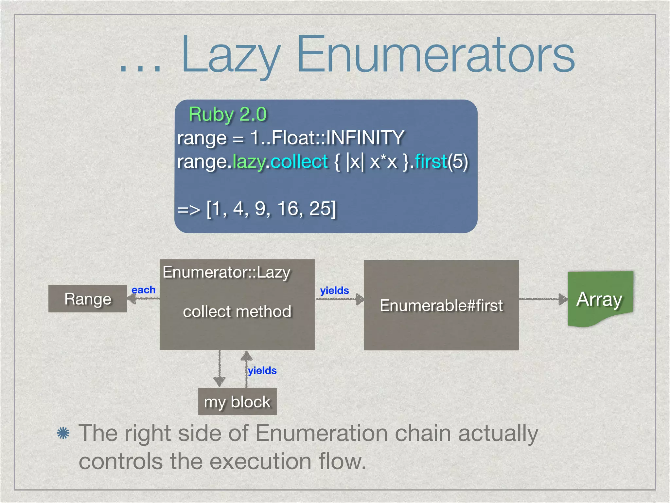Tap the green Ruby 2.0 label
[x=228, y=115]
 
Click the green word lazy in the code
[x=249, y=161]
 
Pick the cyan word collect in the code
[x=299, y=161]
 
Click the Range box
[x=88, y=299]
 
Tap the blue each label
[x=143, y=290]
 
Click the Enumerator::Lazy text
[x=226, y=272]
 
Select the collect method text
[x=237, y=311]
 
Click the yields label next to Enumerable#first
[x=334, y=290]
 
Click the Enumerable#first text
[x=441, y=306]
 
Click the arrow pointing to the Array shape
[x=543, y=299]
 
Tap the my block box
[x=237, y=402]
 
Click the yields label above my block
[x=262, y=370]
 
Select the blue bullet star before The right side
[x=63, y=433]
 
